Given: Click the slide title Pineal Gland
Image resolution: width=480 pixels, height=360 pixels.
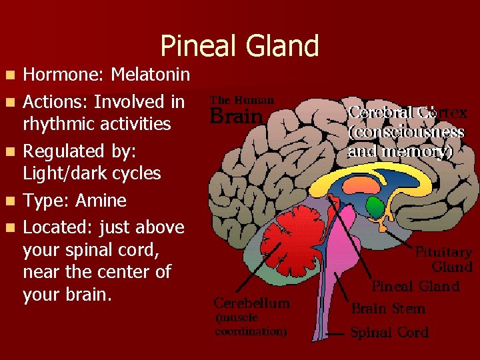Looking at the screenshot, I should coord(239,46).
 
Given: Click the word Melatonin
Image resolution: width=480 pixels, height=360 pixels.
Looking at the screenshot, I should coord(150,74).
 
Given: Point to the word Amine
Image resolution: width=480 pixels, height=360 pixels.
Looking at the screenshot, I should coord(101,200).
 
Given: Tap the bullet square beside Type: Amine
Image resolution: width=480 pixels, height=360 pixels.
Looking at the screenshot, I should coord(13,200).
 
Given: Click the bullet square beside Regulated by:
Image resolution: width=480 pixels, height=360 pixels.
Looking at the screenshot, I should coord(13,151).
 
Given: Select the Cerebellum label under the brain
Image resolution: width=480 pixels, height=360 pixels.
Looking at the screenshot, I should coord(252,303).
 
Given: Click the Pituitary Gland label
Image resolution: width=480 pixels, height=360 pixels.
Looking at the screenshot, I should coord(443,260).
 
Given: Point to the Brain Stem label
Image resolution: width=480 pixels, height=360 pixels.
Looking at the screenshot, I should coord(388,309).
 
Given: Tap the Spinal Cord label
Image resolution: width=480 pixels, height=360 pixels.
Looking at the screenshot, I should coord(390,332).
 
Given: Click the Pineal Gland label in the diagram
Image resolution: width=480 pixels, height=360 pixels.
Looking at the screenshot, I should coord(415,287).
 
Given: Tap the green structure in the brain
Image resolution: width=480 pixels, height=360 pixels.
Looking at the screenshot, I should coord(377,207).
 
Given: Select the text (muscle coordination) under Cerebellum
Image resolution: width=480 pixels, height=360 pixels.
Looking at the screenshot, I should coord(250,325).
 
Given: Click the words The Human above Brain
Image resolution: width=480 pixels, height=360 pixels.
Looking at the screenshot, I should coord(242,100).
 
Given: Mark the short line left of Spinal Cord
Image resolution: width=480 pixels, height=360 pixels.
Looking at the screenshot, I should coord(337,333).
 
